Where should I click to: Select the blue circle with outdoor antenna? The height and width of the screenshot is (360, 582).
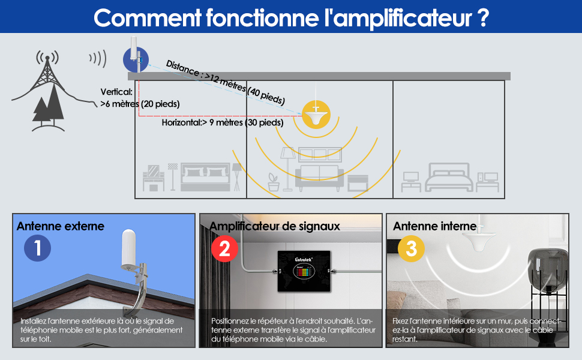point(136,60)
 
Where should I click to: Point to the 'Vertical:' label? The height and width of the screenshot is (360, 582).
point(116,92)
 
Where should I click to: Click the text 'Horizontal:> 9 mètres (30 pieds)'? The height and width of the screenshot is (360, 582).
point(222,122)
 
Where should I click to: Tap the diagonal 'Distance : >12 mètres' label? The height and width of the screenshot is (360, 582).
point(225,82)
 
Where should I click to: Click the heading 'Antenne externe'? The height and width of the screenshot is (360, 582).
point(61,226)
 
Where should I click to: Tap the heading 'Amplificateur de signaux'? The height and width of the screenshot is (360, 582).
point(274,226)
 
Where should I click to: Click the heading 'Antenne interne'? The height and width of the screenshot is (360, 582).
point(434,226)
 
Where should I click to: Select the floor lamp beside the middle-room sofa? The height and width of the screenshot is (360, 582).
point(287,168)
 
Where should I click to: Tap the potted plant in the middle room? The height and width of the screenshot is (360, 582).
point(274,181)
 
